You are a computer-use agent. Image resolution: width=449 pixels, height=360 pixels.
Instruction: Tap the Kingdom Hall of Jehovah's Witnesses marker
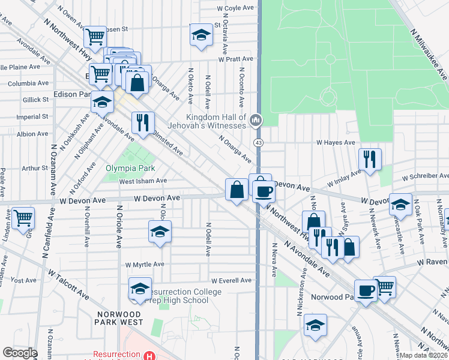point(256,121)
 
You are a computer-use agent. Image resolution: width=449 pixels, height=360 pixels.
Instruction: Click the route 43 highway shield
point(258,142)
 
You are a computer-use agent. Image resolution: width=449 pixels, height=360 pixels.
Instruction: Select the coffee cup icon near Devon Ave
point(263,192)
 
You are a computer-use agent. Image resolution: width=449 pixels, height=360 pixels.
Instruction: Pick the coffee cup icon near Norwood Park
point(366,291)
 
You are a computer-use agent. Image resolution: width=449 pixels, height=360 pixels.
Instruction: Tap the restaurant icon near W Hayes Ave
point(370,159)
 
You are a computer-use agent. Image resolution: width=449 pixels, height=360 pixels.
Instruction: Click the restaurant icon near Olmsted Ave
point(143,123)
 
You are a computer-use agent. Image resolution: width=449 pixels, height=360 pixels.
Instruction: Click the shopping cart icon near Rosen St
point(95,37)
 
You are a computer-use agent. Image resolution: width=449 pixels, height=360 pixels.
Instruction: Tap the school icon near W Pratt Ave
point(201,35)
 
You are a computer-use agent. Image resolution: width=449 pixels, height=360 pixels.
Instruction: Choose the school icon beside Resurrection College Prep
point(140,289)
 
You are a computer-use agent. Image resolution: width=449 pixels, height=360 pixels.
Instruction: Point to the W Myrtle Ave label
point(145,265)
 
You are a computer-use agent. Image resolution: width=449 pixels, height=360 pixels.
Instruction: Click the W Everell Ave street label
point(231,280)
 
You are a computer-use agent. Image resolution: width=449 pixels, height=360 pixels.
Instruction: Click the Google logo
point(20,353)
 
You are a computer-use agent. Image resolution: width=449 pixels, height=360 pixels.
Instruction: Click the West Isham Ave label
point(143,181)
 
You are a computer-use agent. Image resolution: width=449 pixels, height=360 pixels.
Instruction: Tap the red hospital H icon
point(149,355)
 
